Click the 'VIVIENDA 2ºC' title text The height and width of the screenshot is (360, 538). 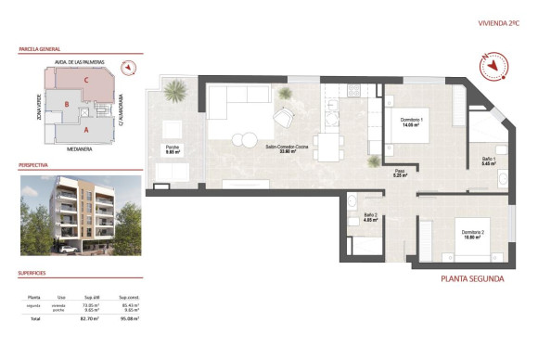pos(498,22)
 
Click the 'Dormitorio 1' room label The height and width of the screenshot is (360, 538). pos(412,123)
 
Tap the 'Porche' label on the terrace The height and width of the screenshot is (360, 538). pos(172,148)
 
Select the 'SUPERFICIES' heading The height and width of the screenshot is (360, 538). pos(32,273)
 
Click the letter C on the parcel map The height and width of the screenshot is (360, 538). pos(85,81)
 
